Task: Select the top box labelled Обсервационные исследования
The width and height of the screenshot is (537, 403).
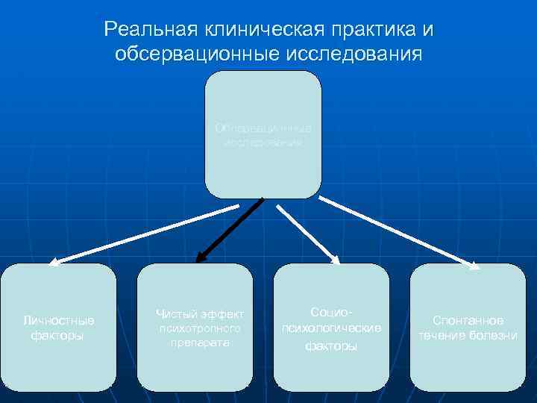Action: coord(263,134)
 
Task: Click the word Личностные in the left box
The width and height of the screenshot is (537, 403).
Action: coord(58,321)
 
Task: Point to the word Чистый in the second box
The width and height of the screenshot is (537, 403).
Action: coord(177,313)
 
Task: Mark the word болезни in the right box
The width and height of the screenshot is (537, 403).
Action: coord(494,335)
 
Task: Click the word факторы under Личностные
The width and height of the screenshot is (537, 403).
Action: coord(57,336)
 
